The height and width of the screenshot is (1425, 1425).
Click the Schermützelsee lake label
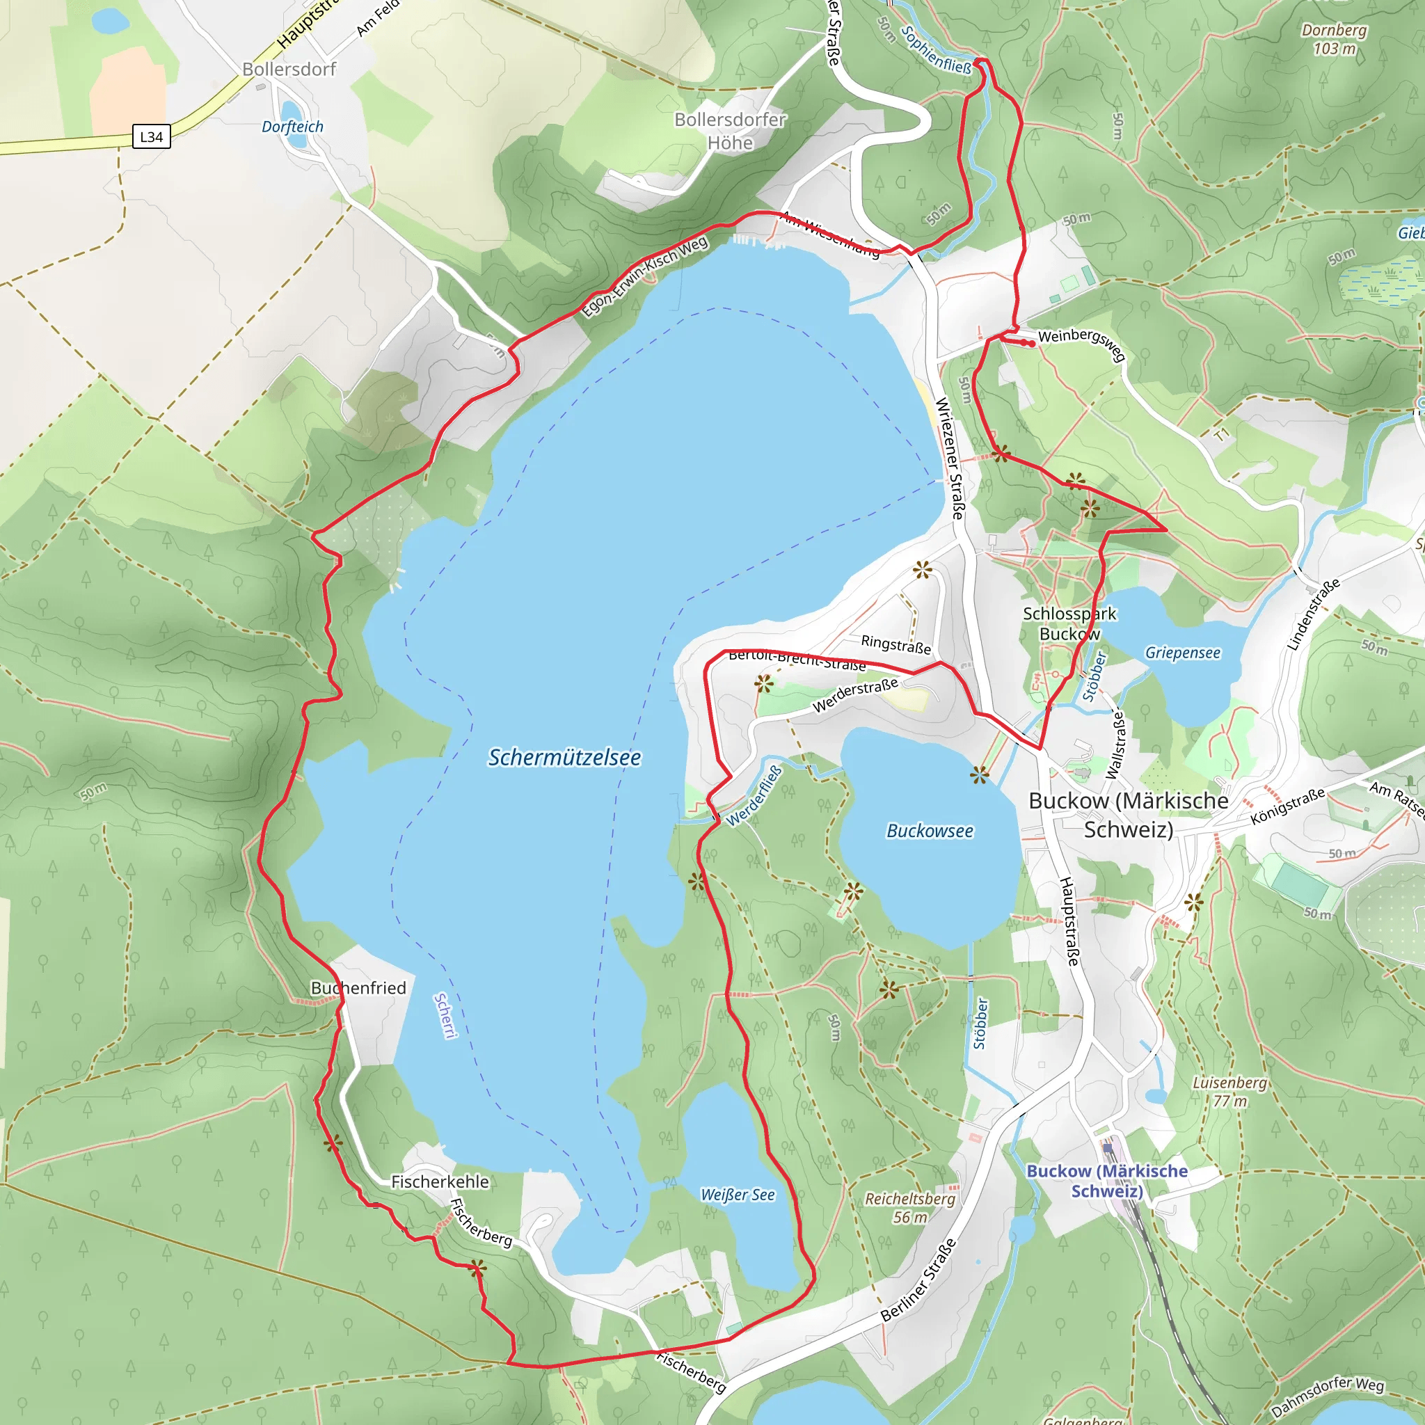pyautogui.click(x=564, y=758)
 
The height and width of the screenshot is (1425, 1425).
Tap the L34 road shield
pyautogui.click(x=151, y=136)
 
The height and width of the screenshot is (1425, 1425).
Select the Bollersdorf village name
pyautogui.click(x=289, y=70)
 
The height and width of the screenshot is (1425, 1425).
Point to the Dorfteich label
pyautogui.click(x=293, y=127)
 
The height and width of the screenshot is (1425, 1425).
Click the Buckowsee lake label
pyautogui.click(x=930, y=831)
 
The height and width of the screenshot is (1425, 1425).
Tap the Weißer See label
pyautogui.click(x=738, y=1195)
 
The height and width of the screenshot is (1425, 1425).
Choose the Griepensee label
pyautogui.click(x=1182, y=653)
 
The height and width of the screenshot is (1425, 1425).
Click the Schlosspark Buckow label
pyautogui.click(x=1069, y=624)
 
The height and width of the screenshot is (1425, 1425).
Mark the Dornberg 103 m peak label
pyautogui.click(x=1334, y=39)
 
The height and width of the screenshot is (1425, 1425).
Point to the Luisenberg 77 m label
pyautogui.click(x=1229, y=1092)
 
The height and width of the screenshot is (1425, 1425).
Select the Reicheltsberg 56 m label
pyautogui.click(x=909, y=1208)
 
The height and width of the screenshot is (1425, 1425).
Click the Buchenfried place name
pyautogui.click(x=358, y=988)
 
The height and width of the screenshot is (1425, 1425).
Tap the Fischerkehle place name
pyautogui.click(x=440, y=1181)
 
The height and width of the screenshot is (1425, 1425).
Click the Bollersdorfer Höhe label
pyautogui.click(x=730, y=132)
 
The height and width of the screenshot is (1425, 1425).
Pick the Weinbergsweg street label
pyautogui.click(x=1082, y=343)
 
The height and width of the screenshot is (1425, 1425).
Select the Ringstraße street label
pyautogui.click(x=896, y=644)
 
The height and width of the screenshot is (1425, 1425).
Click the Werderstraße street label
pyautogui.click(x=856, y=695)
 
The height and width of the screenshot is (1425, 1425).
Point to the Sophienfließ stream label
pyautogui.click(x=937, y=50)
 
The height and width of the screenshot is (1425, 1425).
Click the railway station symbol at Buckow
pyautogui.click(x=1108, y=1148)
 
